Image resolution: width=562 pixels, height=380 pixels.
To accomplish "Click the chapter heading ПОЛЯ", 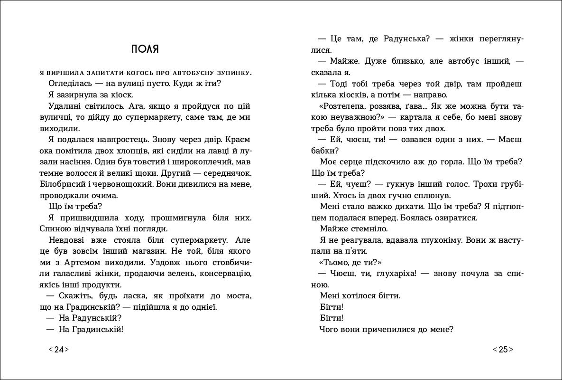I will (145, 49).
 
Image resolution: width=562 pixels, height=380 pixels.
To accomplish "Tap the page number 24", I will (59, 350).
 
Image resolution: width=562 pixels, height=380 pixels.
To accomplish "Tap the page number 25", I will (503, 350).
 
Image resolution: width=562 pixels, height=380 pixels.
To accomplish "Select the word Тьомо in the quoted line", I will (337, 262).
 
